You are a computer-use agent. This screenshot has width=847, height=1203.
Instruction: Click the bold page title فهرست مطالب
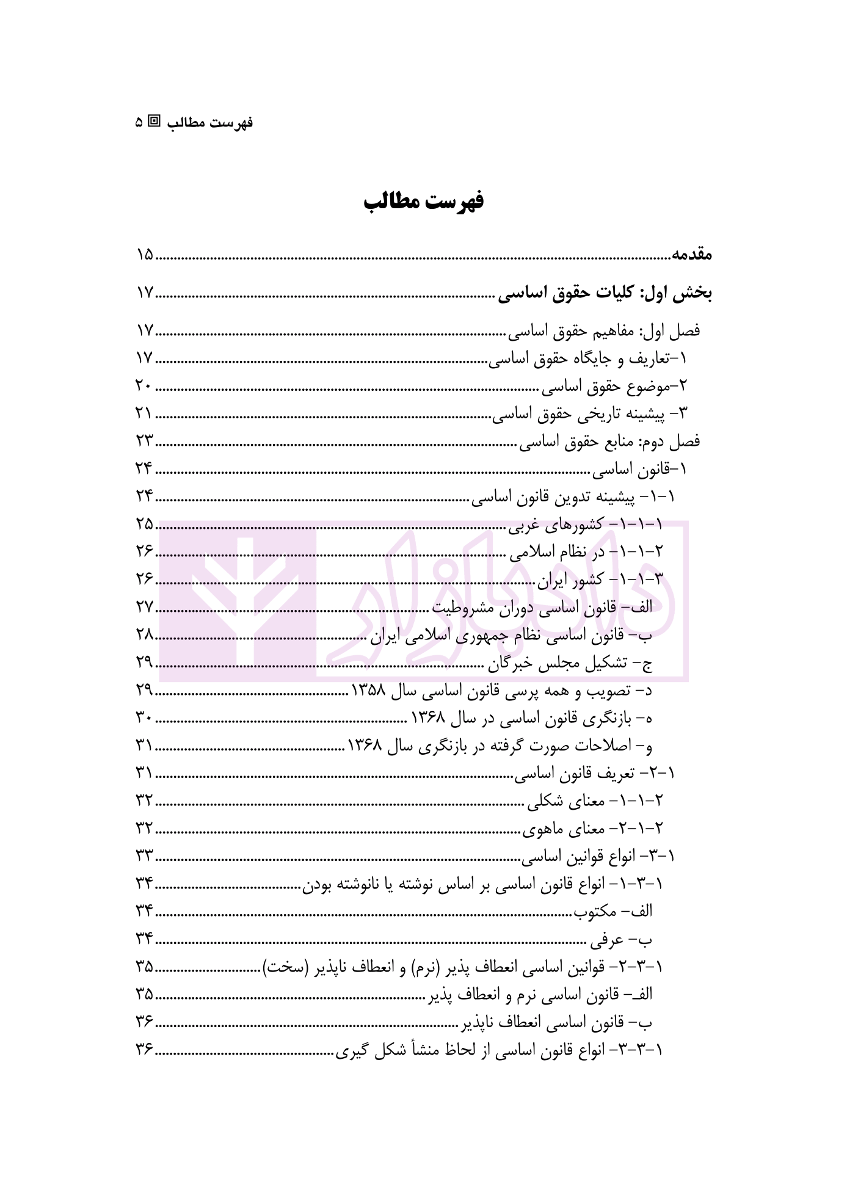click(423, 202)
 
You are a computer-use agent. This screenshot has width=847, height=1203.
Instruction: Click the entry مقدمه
click(692, 255)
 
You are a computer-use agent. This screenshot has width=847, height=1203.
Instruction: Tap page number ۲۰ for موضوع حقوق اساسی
click(145, 386)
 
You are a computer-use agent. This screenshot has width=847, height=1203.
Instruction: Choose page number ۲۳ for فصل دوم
click(145, 441)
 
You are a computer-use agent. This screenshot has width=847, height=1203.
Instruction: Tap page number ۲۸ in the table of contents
click(145, 635)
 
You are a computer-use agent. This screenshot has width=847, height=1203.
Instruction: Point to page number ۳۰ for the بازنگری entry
click(145, 718)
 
